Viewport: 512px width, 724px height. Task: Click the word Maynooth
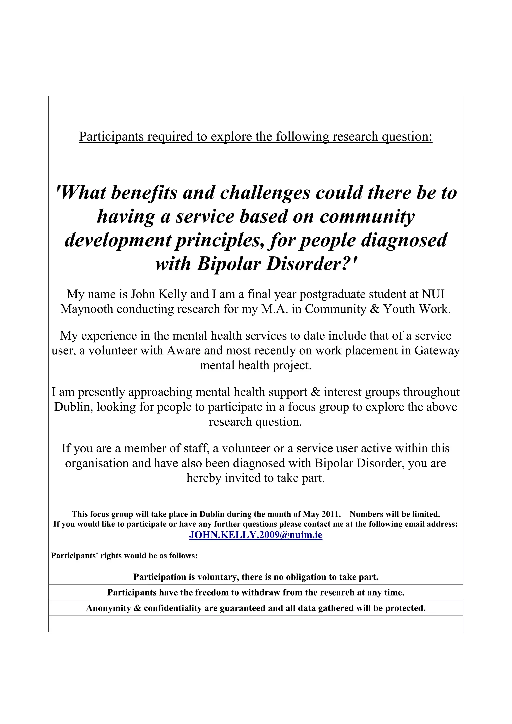pos(87,309)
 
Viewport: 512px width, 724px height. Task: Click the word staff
pos(194,448)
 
